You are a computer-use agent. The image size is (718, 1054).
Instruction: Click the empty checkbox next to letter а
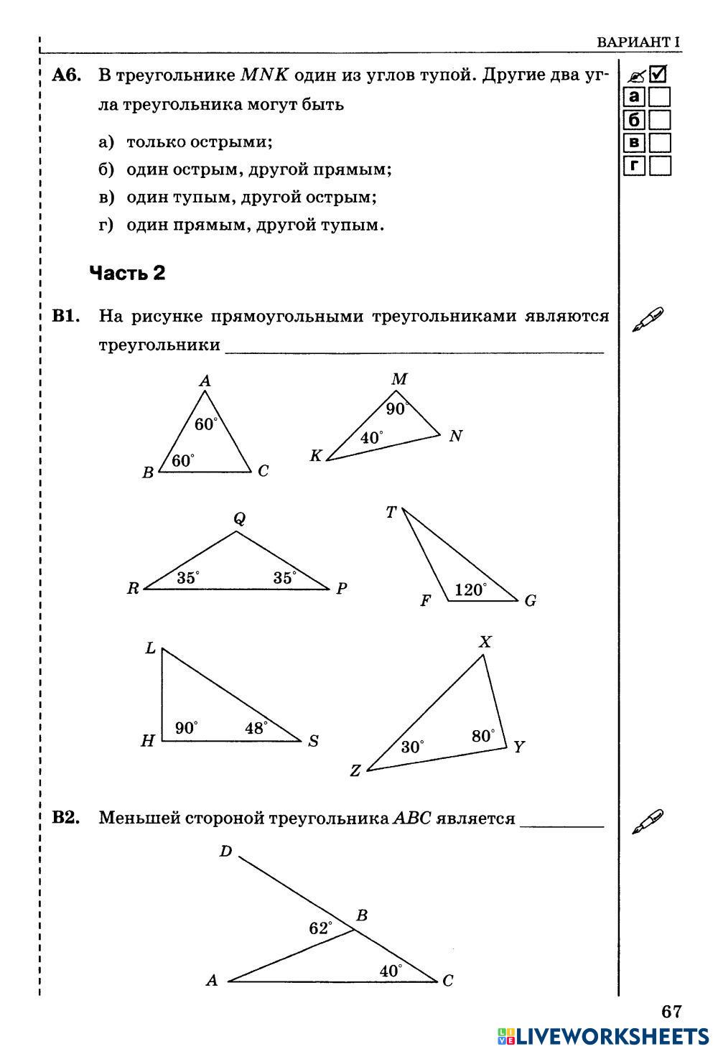659,97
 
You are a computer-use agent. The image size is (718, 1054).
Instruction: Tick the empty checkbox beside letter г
659,166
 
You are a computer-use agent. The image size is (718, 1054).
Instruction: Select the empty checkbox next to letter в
659,143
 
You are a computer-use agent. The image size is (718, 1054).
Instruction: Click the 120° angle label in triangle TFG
470,589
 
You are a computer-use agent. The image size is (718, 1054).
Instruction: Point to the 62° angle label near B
320,928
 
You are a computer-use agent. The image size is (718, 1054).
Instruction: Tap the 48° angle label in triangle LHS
256,727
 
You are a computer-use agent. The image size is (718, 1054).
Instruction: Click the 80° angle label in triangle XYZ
483,735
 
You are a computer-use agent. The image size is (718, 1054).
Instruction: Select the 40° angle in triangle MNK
371,437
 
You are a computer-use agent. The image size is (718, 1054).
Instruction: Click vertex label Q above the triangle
239,518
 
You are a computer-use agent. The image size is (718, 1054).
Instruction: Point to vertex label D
225,852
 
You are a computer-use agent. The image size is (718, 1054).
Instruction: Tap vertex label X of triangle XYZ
485,642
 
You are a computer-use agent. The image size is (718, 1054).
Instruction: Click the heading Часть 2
127,273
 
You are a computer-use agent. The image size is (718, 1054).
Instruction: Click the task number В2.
66,817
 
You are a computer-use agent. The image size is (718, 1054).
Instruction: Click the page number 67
671,1011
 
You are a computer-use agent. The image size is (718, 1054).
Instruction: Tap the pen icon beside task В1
647,320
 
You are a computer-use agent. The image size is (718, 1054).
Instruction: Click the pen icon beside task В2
647,821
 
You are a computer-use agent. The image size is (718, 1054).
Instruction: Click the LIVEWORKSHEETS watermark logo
603,1035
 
